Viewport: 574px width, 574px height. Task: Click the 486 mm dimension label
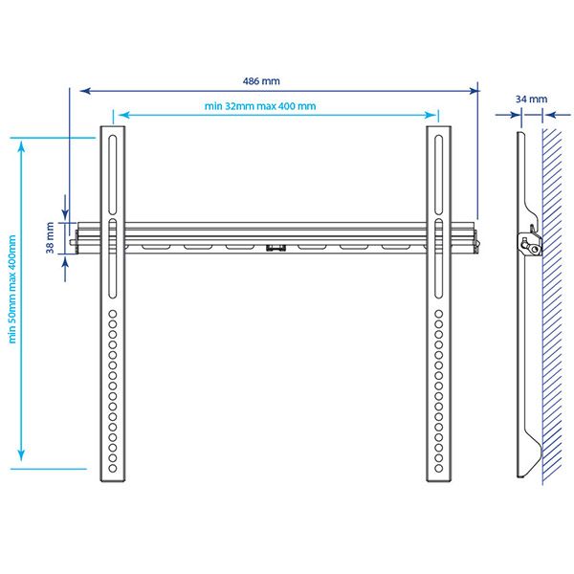click(261, 81)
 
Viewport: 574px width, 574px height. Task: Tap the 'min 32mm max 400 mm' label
click(260, 106)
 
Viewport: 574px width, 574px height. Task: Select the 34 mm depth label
click(531, 99)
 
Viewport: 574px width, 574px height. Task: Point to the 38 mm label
click(50, 237)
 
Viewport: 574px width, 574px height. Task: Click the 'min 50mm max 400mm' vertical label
click(12, 289)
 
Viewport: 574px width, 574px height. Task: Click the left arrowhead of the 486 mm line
click(85, 91)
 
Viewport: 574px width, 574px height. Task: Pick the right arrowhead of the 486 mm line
click(473, 91)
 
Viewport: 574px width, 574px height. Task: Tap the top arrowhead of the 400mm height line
click(21, 147)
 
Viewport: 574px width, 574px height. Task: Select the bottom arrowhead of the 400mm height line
click(21, 455)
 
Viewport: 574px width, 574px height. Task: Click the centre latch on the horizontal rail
click(276, 248)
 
